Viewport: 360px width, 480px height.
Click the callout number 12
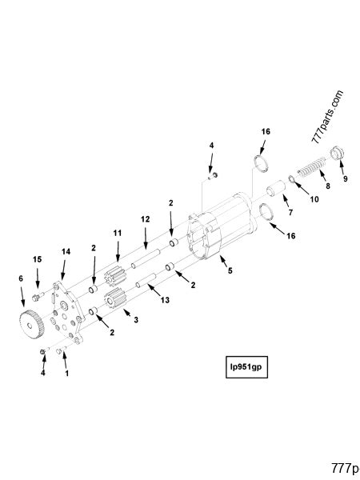[145, 218]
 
